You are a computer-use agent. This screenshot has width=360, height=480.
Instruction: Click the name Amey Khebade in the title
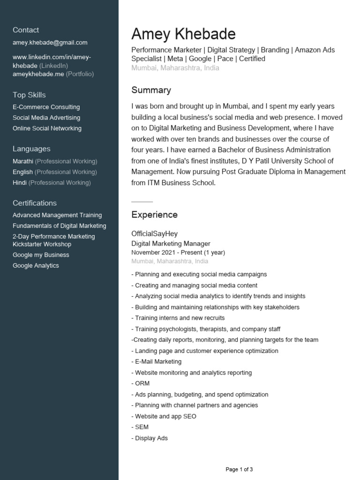183,34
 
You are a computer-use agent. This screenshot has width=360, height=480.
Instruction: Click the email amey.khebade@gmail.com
50,43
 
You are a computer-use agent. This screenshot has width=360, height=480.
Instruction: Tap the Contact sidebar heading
26,30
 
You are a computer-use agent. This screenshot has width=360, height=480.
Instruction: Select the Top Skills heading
29,95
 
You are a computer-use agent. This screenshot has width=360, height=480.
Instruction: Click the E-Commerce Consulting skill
46,107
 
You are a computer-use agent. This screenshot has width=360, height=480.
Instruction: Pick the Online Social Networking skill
47,128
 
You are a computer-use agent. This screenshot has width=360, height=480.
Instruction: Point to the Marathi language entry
23,161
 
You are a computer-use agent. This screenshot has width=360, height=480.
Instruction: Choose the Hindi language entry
20,183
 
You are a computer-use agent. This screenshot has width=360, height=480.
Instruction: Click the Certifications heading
35,203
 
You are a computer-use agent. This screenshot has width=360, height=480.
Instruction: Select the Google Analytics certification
36,266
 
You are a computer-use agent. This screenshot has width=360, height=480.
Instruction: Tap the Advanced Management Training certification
57,215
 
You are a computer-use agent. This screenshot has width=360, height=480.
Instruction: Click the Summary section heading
151,90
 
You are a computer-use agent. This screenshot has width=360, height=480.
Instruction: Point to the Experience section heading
154,215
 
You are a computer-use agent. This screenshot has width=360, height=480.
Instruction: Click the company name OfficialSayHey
154,233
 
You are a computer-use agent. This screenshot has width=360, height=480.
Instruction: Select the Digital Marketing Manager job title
171,243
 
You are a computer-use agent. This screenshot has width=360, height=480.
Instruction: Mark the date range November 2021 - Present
178,252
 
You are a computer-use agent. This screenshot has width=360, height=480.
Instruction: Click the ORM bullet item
142,383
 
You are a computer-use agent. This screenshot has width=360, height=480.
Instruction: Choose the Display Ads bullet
150,438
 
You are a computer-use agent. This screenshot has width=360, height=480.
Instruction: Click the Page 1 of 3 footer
239,469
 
